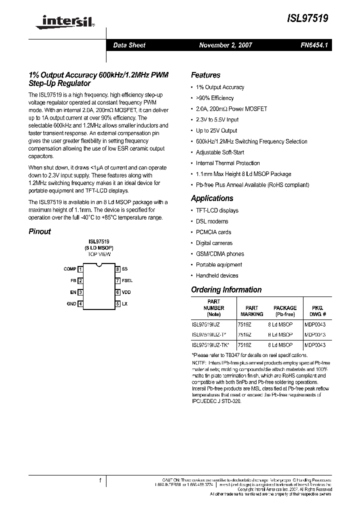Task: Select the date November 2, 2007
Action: tap(225, 45)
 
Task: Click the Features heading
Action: tap(205, 75)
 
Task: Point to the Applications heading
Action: tap(212, 198)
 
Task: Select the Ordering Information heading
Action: tap(226, 289)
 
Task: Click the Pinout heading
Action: tap(39, 231)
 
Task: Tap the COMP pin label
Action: tap(70, 269)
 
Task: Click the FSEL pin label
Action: tap(127, 280)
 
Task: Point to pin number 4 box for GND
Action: tap(80, 303)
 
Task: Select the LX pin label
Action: tap(124, 303)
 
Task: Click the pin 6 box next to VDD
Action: tap(117, 292)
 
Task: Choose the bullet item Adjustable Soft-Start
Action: tap(220, 152)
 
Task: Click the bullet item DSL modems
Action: tap(212, 221)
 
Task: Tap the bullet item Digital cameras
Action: tap(214, 243)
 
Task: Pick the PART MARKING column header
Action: tap(251, 311)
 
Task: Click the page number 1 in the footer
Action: tap(100, 480)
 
